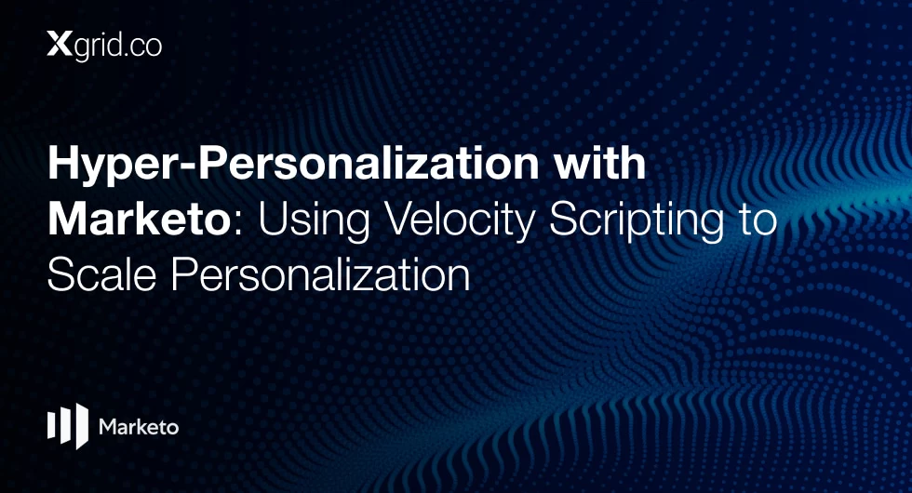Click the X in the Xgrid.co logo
coord(60,45)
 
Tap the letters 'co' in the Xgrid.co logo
coord(147,46)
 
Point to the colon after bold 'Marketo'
coord(237,224)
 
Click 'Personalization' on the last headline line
coord(320,274)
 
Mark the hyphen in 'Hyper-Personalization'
coord(184,167)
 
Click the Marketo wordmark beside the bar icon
coord(139,427)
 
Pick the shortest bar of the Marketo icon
coord(50,425)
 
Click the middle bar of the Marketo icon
coord(64,426)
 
